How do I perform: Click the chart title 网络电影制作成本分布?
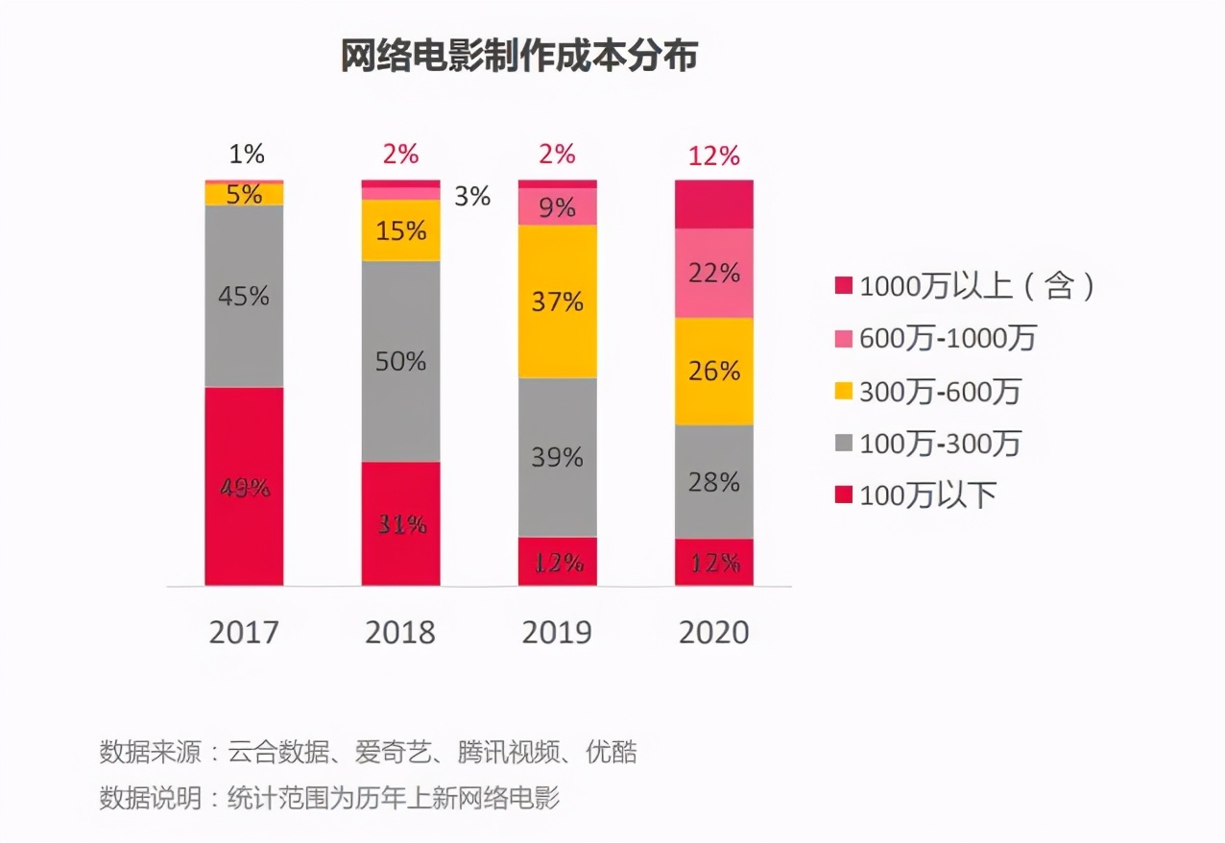(518, 57)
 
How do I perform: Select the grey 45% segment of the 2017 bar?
(244, 296)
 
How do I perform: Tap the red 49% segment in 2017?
(244, 486)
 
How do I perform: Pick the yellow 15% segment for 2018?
(400, 230)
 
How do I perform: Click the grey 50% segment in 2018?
(400, 361)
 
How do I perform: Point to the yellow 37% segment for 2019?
(557, 301)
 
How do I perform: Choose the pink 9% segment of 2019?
(557, 206)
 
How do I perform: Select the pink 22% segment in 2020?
(713, 273)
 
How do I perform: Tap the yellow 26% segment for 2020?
(713, 371)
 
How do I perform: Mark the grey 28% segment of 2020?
(713, 481)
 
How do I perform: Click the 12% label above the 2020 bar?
(713, 156)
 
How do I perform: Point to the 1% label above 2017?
(245, 154)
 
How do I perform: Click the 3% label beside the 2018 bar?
(472, 197)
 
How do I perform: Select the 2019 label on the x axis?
(557, 633)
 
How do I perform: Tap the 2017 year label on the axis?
(244, 633)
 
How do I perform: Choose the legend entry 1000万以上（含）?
(966, 285)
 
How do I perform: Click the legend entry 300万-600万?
(927, 391)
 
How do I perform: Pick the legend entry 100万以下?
(916, 494)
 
